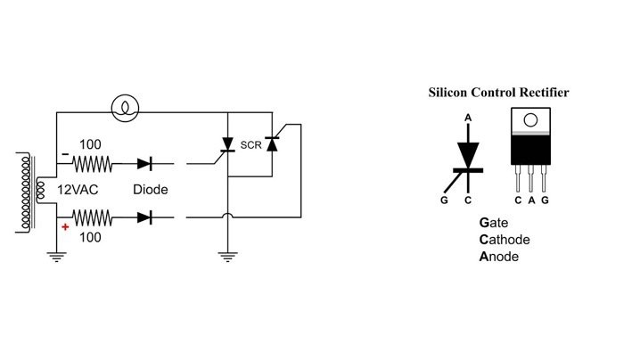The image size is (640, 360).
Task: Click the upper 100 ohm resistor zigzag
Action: pyautogui.click(x=92, y=164)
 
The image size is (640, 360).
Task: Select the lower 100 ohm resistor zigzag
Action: pyautogui.click(x=92, y=216)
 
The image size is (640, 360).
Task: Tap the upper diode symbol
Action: pyautogui.click(x=144, y=164)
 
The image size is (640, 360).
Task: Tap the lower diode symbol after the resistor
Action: pyautogui.click(x=144, y=216)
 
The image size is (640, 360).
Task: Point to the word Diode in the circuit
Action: pyautogui.click(x=150, y=190)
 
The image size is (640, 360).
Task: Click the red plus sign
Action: pyautogui.click(x=65, y=228)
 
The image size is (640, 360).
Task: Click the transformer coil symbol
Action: pyautogui.click(x=29, y=190)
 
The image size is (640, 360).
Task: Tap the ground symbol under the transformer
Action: pyautogui.click(x=57, y=258)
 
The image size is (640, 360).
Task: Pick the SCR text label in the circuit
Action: pyautogui.click(x=250, y=145)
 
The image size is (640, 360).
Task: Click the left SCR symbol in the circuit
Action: pyautogui.click(x=229, y=145)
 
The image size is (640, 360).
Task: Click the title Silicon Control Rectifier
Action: pyautogui.click(x=498, y=92)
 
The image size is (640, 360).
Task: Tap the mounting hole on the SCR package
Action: pyautogui.click(x=531, y=119)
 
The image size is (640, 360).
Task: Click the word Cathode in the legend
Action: pyautogui.click(x=505, y=240)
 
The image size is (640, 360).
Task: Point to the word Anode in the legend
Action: pyautogui.click(x=499, y=257)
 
